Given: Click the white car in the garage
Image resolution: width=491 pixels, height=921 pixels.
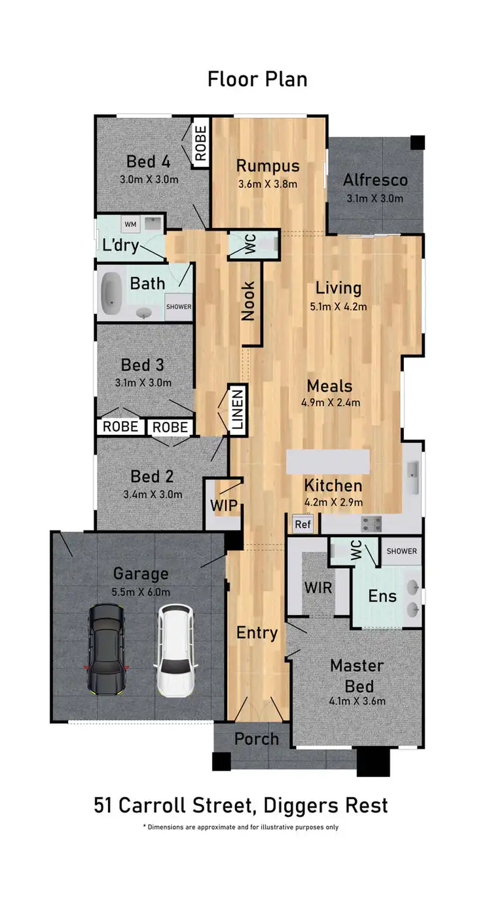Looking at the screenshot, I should click(x=174, y=650).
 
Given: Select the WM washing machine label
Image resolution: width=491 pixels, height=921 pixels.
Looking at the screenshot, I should click(x=130, y=225).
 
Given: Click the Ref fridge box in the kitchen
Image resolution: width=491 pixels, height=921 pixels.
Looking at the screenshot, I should click(x=302, y=524).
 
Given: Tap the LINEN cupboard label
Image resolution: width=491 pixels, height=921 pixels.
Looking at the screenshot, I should click(x=237, y=410).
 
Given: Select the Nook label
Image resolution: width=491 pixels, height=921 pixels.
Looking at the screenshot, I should click(x=248, y=301).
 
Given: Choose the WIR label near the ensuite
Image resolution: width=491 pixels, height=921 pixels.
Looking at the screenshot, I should click(x=318, y=587).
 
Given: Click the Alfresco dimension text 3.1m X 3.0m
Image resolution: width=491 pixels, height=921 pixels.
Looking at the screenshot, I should click(x=374, y=198).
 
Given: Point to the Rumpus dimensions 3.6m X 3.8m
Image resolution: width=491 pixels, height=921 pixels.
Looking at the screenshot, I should click(x=268, y=184).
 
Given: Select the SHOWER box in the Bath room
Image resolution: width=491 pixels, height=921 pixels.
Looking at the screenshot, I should click(x=179, y=307).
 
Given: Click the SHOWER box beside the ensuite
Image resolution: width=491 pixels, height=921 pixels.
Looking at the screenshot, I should click(x=401, y=551).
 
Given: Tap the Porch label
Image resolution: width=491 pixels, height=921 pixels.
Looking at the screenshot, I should click(x=257, y=739).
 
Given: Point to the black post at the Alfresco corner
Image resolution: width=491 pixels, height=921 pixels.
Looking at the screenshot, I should click(x=418, y=142).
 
